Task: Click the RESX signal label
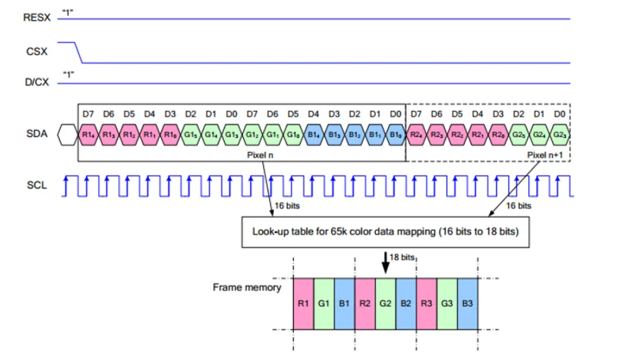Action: coord(37,18)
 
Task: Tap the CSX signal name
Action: coord(37,52)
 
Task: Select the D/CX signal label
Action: coord(37,82)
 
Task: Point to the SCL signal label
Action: coord(37,185)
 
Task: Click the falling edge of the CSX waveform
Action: coord(78,52)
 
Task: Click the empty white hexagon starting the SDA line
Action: coord(68,135)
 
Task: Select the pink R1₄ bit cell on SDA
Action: coord(88,135)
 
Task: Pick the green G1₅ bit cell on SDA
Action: coord(191,135)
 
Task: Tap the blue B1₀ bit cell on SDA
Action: coord(396,135)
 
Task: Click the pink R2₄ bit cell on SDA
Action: coord(416,135)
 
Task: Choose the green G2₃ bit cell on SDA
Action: coord(560,135)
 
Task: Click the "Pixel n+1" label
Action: coord(545,155)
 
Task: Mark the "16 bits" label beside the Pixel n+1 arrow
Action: coord(519,206)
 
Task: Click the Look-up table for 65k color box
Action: coord(385,232)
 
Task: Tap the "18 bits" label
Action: coord(402,257)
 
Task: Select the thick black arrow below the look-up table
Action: coord(385,262)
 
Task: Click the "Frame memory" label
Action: coord(247,287)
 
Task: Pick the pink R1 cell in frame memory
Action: coord(303,304)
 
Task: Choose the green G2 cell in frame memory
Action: coord(385,304)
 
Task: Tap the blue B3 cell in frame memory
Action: coord(468,304)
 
